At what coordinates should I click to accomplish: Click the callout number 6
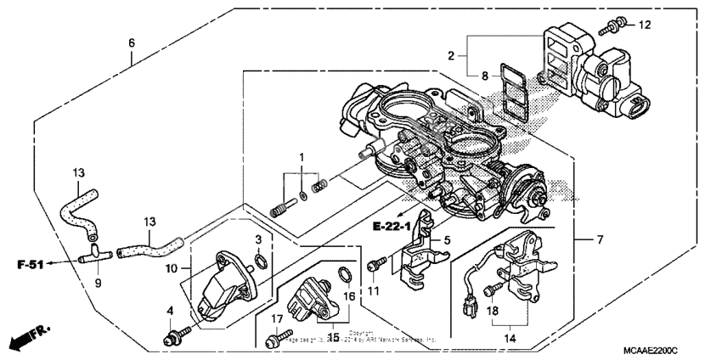click(132, 42)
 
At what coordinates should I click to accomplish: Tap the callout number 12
click(645, 25)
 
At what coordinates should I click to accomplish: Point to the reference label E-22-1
click(391, 226)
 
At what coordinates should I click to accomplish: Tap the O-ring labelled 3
click(264, 261)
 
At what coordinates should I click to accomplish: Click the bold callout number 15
click(332, 337)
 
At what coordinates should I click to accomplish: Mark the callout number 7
click(600, 240)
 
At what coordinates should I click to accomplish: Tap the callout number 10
click(170, 268)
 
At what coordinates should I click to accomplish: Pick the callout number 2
click(451, 56)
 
